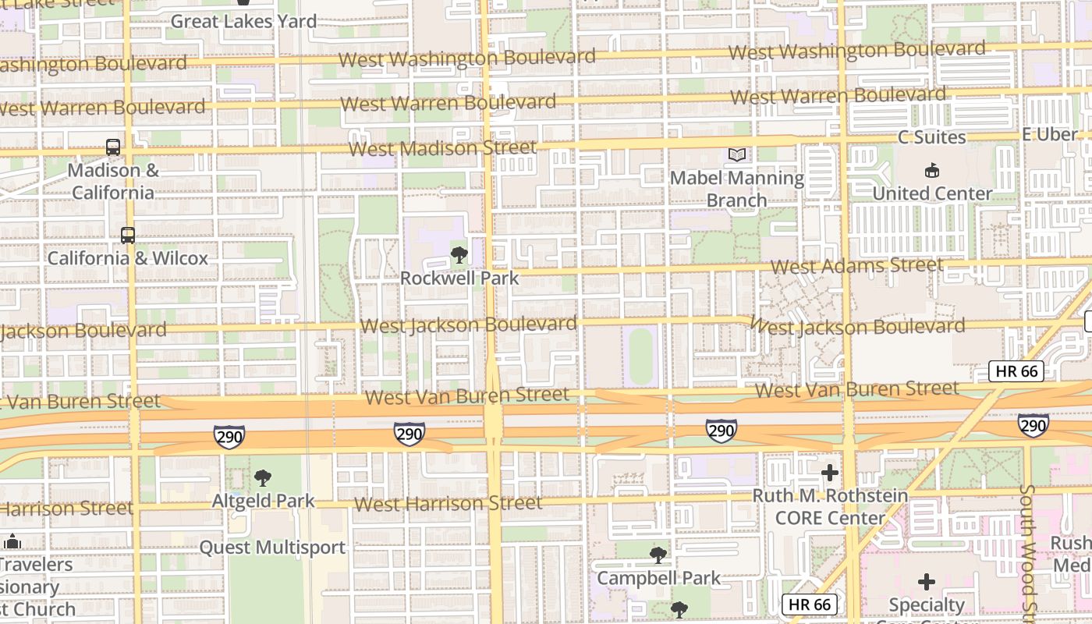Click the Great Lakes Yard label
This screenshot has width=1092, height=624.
243,21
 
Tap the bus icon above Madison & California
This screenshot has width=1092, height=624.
113,147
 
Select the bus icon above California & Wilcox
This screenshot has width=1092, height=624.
127,234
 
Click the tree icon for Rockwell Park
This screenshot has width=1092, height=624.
459,254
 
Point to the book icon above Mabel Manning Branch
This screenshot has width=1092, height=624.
737,154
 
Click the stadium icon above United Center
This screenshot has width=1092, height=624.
931,170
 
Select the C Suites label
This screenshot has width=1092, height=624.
931,137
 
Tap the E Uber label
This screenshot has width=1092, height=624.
1049,134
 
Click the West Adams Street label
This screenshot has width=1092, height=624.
857,266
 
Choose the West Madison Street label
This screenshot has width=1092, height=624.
442,147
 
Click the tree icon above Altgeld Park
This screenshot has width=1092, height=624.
263,477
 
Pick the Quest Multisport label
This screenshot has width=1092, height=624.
272,548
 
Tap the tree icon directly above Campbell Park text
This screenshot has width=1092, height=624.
658,555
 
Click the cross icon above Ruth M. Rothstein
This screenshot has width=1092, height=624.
830,473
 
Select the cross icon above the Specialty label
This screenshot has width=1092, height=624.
927,582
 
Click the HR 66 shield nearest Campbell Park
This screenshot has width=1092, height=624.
810,604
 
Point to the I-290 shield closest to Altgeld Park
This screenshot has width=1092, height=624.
229,437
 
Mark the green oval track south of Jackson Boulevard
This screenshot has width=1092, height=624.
641,356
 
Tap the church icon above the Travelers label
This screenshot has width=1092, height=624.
12,541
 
